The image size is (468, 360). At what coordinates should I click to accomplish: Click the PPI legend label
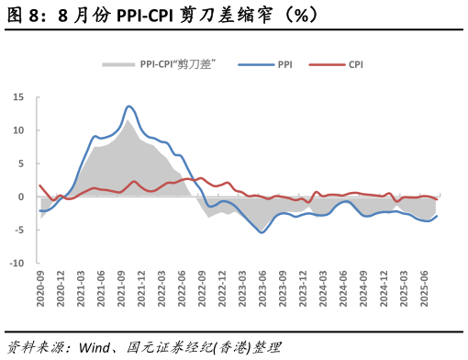[285, 65]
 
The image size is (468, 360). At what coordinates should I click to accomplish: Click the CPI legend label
[355, 65]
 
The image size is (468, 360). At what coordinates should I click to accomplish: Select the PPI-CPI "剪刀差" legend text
[177, 65]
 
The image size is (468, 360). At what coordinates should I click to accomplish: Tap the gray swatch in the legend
[117, 65]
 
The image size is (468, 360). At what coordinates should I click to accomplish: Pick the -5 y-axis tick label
[18, 230]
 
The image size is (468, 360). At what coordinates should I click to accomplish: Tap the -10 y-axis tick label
[17, 263]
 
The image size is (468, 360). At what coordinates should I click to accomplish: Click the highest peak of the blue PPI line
[128, 107]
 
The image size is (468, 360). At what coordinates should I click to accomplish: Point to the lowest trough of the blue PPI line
[262, 232]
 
